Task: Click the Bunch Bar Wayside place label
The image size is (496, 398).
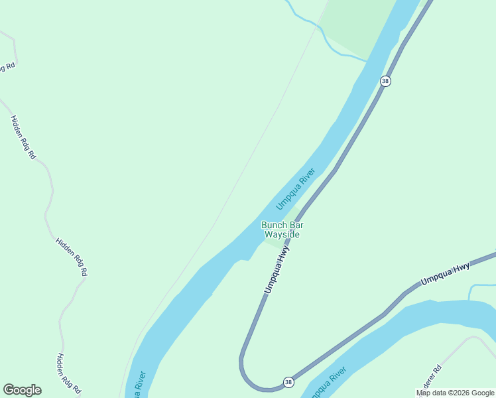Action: (282, 230)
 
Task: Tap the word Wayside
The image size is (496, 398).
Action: (282, 235)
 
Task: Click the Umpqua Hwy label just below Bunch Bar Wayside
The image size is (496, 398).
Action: (277, 270)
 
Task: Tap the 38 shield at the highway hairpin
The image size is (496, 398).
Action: (288, 382)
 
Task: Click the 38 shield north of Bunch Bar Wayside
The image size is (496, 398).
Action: (385, 81)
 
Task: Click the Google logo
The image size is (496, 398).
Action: (23, 390)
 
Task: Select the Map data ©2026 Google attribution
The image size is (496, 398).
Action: (456, 393)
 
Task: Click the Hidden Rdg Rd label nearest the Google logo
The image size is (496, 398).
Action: (68, 373)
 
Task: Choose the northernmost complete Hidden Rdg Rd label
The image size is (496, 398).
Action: (23, 137)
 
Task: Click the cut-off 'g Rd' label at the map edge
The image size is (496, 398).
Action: (7, 67)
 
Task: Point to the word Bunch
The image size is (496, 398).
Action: (273, 225)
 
